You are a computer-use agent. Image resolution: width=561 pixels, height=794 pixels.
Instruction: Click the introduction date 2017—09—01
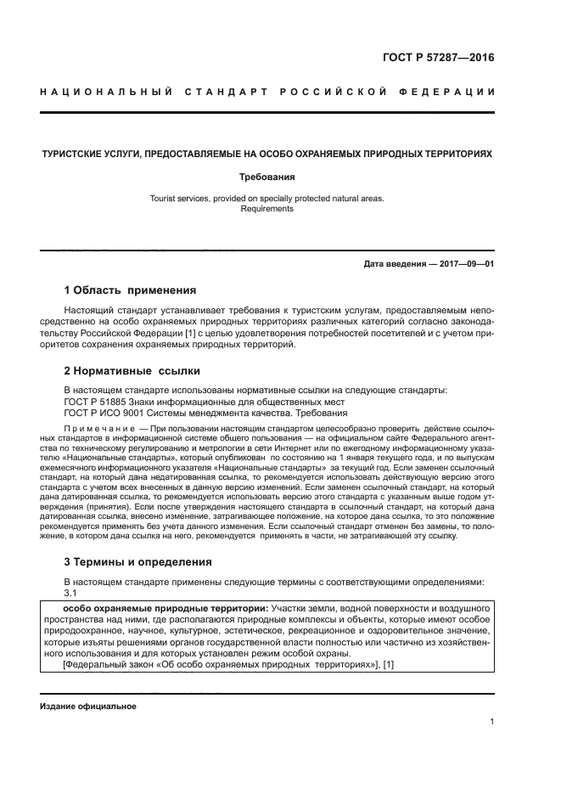[x=463, y=264]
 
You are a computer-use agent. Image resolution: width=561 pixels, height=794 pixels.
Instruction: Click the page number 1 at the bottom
[x=492, y=722]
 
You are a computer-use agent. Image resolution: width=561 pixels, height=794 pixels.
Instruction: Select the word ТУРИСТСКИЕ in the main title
[x=76, y=155]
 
